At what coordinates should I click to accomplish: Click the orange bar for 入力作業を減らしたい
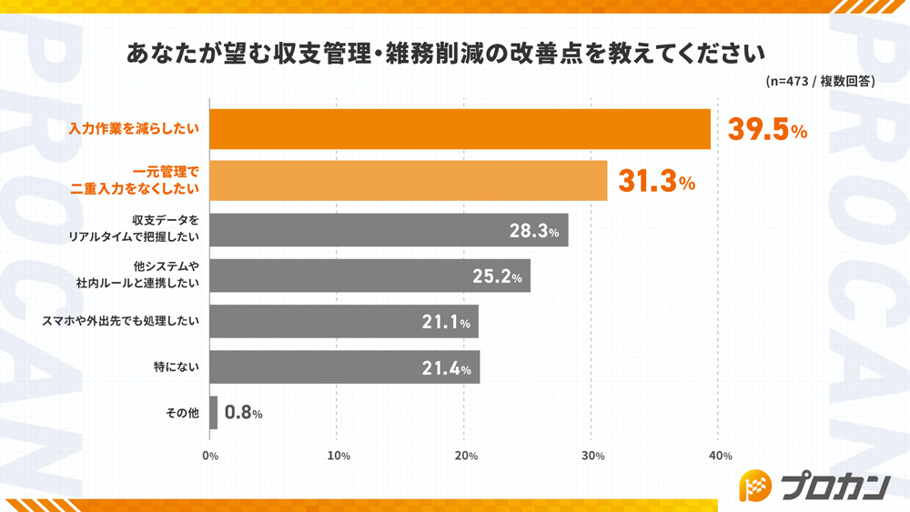[x=460, y=129]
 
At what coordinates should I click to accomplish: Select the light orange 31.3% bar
[x=409, y=181]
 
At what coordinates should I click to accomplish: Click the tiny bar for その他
[x=214, y=413]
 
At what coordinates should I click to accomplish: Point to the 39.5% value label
[x=767, y=130]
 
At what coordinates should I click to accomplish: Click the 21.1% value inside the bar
[x=446, y=322]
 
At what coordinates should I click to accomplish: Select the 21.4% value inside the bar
[x=446, y=368]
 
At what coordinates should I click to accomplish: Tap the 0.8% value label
[x=243, y=413]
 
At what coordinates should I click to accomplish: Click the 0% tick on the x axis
[x=210, y=456]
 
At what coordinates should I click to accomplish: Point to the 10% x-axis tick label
[x=338, y=456]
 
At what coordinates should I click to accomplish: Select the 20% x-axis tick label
[x=465, y=456]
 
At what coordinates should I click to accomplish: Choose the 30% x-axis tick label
[x=592, y=456]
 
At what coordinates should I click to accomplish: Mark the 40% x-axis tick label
[x=719, y=456]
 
